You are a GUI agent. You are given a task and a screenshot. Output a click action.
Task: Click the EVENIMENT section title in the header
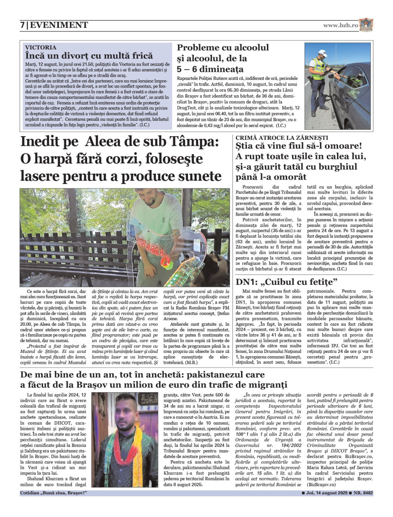point(59,25)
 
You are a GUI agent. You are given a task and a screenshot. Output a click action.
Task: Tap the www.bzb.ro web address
point(340,25)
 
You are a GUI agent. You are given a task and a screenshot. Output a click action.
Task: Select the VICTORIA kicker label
point(41,47)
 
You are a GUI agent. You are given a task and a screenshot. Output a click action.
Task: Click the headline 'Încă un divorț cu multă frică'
point(89,56)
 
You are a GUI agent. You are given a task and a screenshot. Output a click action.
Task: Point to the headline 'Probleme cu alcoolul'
point(222,47)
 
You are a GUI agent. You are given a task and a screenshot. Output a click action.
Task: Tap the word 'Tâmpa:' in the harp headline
point(194,142)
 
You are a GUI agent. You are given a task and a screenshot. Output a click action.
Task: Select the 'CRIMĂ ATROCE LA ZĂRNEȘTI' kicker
point(282,138)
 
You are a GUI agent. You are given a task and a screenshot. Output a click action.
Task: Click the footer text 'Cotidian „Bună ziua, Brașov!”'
point(53,493)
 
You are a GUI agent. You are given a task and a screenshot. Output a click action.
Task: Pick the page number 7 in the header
point(22,25)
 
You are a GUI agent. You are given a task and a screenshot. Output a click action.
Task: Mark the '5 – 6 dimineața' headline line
point(210,69)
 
